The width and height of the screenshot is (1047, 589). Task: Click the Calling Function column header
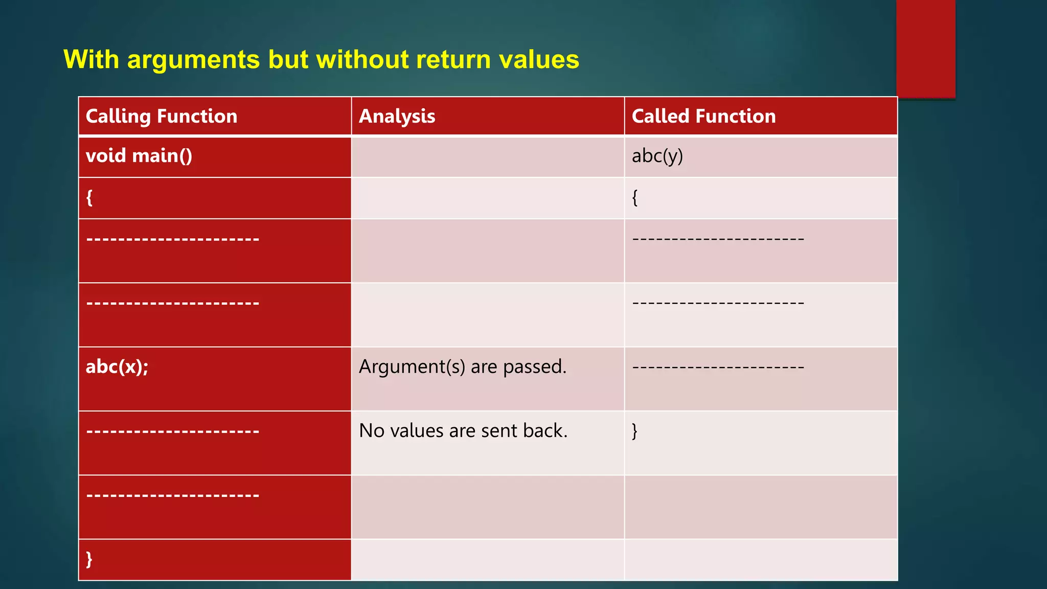click(162, 117)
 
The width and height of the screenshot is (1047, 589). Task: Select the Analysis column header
click(397, 117)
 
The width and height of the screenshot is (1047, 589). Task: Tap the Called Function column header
click(703, 117)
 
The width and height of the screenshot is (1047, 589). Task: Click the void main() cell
click(139, 156)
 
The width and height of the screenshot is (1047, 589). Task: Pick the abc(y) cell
click(657, 156)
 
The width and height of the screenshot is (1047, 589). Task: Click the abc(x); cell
click(117, 367)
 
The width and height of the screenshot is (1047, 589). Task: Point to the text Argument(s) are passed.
click(463, 367)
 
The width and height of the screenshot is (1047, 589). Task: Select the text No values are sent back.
click(463, 431)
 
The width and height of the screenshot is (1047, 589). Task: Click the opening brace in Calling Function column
click(89, 197)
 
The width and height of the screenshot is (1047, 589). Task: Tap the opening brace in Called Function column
click(635, 197)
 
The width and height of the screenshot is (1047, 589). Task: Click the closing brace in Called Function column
click(635, 431)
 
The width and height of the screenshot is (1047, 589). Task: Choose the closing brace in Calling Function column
click(89, 559)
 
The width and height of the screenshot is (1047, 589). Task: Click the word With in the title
click(91, 59)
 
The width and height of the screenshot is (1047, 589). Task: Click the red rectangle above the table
click(925, 49)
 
